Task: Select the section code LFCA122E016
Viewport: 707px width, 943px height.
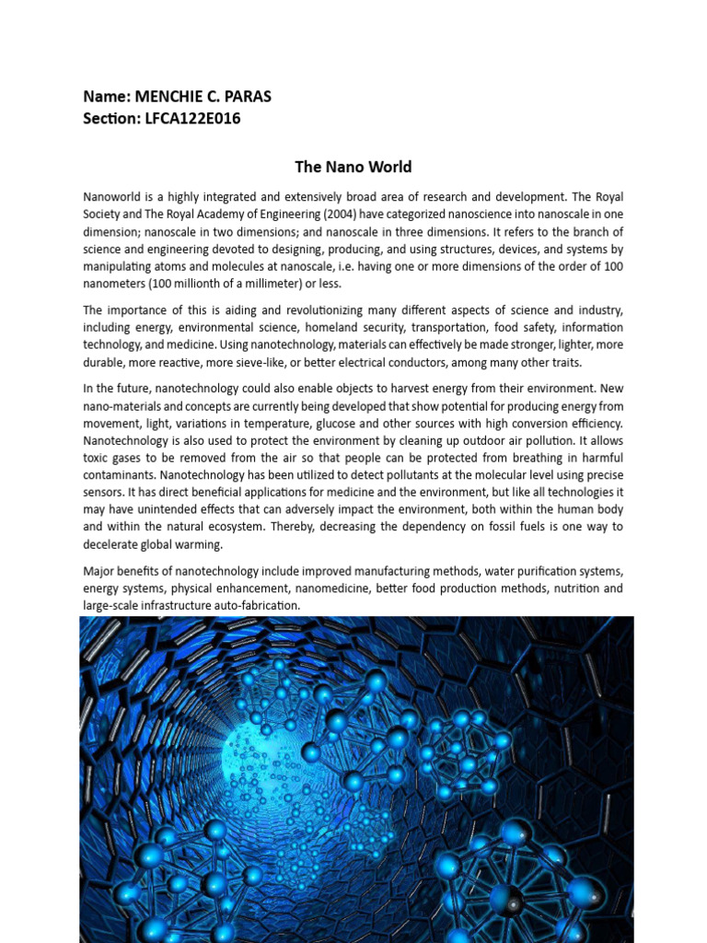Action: click(192, 119)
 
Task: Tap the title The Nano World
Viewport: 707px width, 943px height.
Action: click(353, 167)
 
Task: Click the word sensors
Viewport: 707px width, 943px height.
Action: click(106, 493)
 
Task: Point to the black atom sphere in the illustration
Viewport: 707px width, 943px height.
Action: click(504, 897)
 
